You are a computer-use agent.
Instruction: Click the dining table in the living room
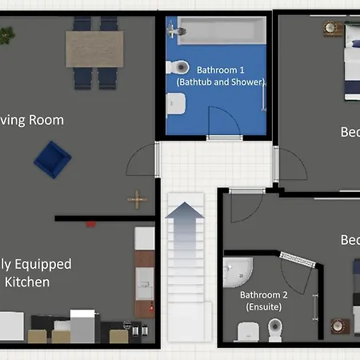[94, 48]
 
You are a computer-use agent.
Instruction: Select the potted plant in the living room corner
[7, 35]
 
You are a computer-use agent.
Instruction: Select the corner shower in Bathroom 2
[237, 273]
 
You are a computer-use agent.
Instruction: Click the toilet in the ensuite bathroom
[275, 329]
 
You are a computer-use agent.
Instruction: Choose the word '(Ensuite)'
[264, 306]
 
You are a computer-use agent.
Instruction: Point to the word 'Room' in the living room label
[44, 120]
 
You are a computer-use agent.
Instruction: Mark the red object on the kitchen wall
[91, 223]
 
